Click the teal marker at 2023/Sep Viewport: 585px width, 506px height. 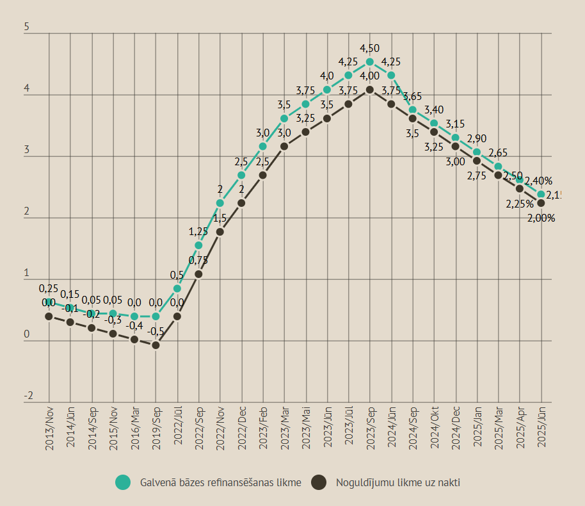pos(370,62)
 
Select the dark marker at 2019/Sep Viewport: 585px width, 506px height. pos(156,345)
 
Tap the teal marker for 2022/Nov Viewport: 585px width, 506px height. pos(220,203)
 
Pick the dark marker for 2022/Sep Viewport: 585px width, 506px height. pos(198,274)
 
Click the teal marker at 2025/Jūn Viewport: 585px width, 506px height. pos(541,194)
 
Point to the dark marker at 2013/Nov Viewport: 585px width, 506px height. pos(49,316)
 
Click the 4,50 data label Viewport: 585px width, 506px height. pos(370,49)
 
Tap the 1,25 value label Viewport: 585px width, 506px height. pos(198,232)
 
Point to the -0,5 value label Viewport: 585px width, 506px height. pos(156,331)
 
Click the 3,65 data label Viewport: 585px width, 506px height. pos(413,97)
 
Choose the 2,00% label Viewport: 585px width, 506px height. pos(541,218)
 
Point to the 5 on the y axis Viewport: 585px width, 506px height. pos(26,28)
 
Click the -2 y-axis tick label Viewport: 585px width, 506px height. pos(28,396)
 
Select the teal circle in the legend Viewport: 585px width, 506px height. pos(123,482)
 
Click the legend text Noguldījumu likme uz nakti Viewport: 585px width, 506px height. pos(398,482)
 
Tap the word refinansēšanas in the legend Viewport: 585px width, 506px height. pos(242,482)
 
